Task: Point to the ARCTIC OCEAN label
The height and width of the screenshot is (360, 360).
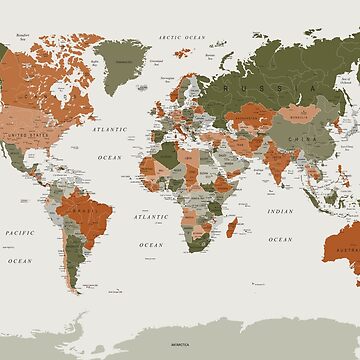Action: (179, 37)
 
